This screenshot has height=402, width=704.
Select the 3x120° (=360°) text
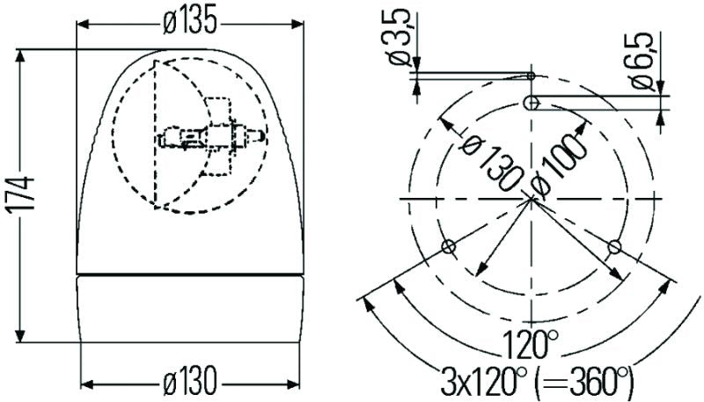coord(536,381)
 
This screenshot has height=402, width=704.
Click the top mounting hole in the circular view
coord(531,104)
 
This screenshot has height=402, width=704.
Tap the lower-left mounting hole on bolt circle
coord(448,246)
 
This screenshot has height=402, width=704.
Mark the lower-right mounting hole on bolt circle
coord(615,245)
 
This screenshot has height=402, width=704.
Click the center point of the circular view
coord(532,200)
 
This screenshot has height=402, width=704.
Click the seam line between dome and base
coord(190,275)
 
